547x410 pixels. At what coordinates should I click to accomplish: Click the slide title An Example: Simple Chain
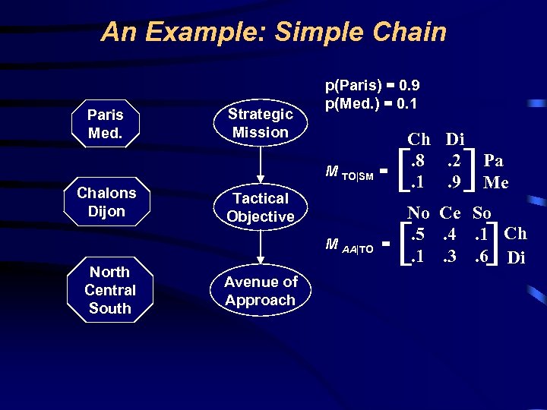pos(273,32)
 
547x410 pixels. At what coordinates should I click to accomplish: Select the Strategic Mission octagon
pos(260,123)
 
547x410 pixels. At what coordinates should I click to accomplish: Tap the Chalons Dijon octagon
pos(106,202)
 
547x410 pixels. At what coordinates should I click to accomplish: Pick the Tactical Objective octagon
pos(260,207)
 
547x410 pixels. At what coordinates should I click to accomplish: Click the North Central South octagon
pos(109,290)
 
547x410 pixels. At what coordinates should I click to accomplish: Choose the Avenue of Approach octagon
pos(260,291)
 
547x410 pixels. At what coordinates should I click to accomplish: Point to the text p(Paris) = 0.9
pos(372,86)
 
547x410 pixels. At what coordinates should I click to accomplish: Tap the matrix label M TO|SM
pos(349,174)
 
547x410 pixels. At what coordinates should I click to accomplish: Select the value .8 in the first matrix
pos(417,161)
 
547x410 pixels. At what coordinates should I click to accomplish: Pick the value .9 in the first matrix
pos(455,182)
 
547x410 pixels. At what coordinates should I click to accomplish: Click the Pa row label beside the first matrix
pos(494,161)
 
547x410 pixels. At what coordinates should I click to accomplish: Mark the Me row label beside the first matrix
pos(495,182)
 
